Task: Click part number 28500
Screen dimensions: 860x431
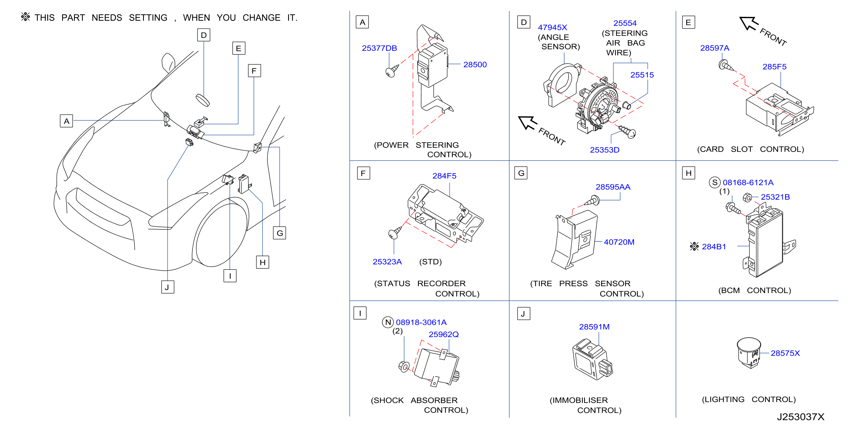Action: point(475,64)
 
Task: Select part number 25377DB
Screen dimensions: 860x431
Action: point(379,48)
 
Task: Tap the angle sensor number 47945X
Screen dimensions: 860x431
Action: point(552,27)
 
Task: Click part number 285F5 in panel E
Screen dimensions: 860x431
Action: point(774,67)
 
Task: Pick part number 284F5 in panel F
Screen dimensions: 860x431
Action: point(444,176)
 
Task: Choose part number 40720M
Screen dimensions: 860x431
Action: point(619,242)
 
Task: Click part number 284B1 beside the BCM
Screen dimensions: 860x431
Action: point(714,247)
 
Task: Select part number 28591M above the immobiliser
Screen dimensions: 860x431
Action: point(594,327)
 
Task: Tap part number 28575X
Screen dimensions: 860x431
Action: point(785,353)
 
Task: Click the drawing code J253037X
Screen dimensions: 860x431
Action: point(800,417)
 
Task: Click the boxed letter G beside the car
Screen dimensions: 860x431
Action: point(279,233)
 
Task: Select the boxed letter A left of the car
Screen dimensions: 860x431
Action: point(66,121)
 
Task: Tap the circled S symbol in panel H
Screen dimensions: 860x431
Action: point(714,182)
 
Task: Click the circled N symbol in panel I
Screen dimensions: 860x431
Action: point(388,322)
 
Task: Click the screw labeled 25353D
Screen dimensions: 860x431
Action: point(628,132)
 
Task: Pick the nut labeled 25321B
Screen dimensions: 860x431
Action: point(747,197)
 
